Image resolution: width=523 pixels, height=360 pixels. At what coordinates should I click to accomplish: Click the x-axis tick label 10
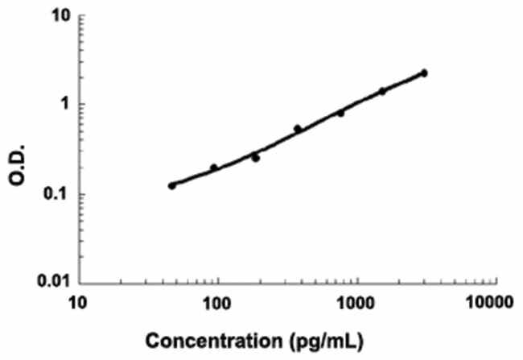[x=77, y=302]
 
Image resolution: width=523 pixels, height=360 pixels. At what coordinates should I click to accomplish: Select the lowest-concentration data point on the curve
[x=172, y=185]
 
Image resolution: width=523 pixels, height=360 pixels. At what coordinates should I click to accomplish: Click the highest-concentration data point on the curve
[x=424, y=73]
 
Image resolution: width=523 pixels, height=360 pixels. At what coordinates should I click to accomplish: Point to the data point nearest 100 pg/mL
[x=214, y=168]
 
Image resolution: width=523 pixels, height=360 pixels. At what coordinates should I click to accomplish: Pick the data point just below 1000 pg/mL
[x=340, y=113]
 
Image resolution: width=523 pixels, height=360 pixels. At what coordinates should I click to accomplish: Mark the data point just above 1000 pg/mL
[x=382, y=91]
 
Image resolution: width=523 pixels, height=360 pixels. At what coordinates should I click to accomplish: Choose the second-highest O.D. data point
[x=382, y=91]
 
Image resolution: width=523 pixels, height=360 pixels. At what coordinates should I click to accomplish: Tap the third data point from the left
[x=256, y=158]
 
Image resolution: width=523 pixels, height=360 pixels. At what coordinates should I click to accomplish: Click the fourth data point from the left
[x=298, y=129]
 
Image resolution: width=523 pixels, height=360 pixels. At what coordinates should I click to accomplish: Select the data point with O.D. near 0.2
[x=214, y=168]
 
